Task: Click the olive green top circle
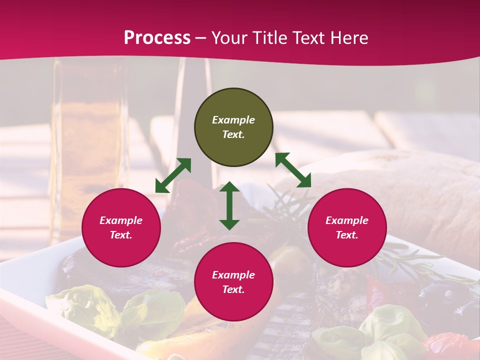coord(233,127)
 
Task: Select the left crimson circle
coord(121,227)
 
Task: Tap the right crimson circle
coord(347,227)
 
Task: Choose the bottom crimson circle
coord(233,282)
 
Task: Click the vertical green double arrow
coord(229,205)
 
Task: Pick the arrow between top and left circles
coord(173,175)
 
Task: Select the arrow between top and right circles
coord(293,170)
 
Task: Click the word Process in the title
coord(157,38)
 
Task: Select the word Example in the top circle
coord(233,120)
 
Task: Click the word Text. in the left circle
coord(121,235)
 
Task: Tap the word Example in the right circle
coord(347,220)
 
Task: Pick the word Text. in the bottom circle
coord(233,289)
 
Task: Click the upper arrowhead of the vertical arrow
coord(229,186)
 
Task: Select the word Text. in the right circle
coord(347,235)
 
